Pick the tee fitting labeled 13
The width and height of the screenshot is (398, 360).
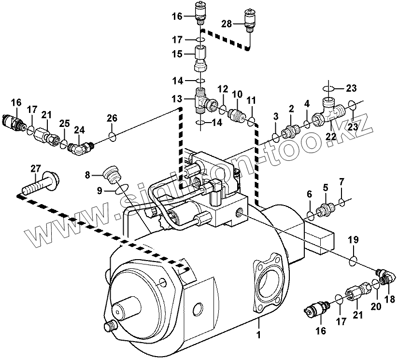point(202,99)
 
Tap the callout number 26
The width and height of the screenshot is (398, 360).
point(112,118)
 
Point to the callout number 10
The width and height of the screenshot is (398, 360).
point(237,93)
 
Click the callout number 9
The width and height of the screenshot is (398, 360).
point(99,191)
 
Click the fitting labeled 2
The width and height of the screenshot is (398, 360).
point(291,130)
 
